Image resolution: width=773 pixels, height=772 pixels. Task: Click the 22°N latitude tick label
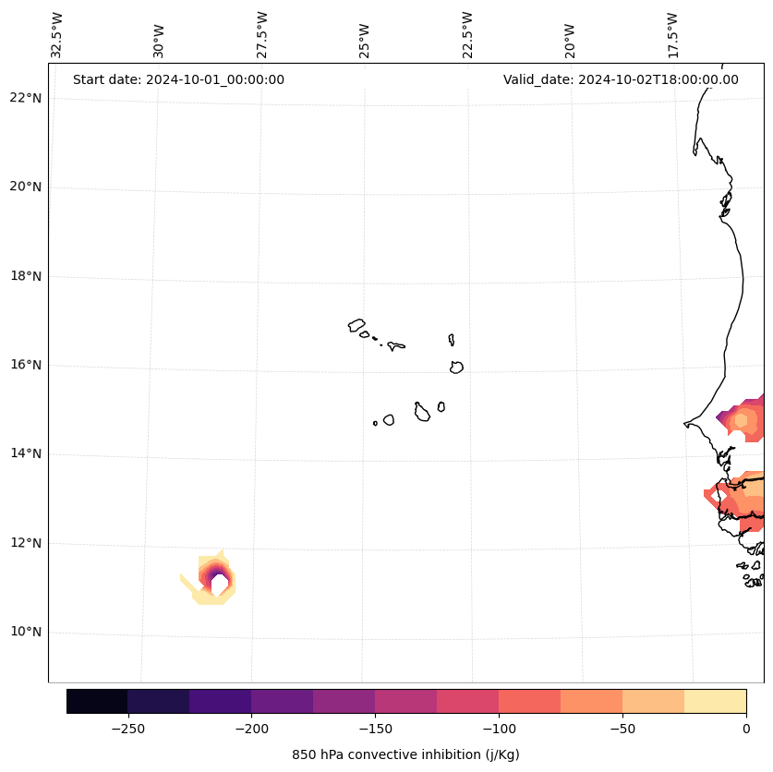pos(26,98)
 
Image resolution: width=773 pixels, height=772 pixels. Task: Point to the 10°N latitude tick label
pos(26,633)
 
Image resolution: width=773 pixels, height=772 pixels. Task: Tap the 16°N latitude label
pos(26,365)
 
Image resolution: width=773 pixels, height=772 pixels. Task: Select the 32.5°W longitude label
pos(57,35)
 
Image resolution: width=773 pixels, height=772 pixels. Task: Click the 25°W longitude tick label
pos(365,40)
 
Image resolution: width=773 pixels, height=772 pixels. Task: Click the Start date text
pos(178,79)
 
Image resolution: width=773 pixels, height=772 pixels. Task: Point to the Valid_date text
pos(621,79)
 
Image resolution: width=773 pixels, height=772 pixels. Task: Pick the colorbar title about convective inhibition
pos(405,754)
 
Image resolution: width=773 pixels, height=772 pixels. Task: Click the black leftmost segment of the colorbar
pos(97,701)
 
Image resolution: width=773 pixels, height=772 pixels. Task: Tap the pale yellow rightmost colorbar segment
pos(715,701)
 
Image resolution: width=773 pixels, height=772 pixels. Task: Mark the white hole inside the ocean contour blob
pos(219,585)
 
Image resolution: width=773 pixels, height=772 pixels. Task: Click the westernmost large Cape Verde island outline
pos(356,325)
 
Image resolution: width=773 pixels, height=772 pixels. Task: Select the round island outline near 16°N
pos(456,368)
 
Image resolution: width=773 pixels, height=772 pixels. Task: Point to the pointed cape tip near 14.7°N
pos(685,424)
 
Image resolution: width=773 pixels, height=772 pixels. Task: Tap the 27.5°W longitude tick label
pos(262,35)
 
